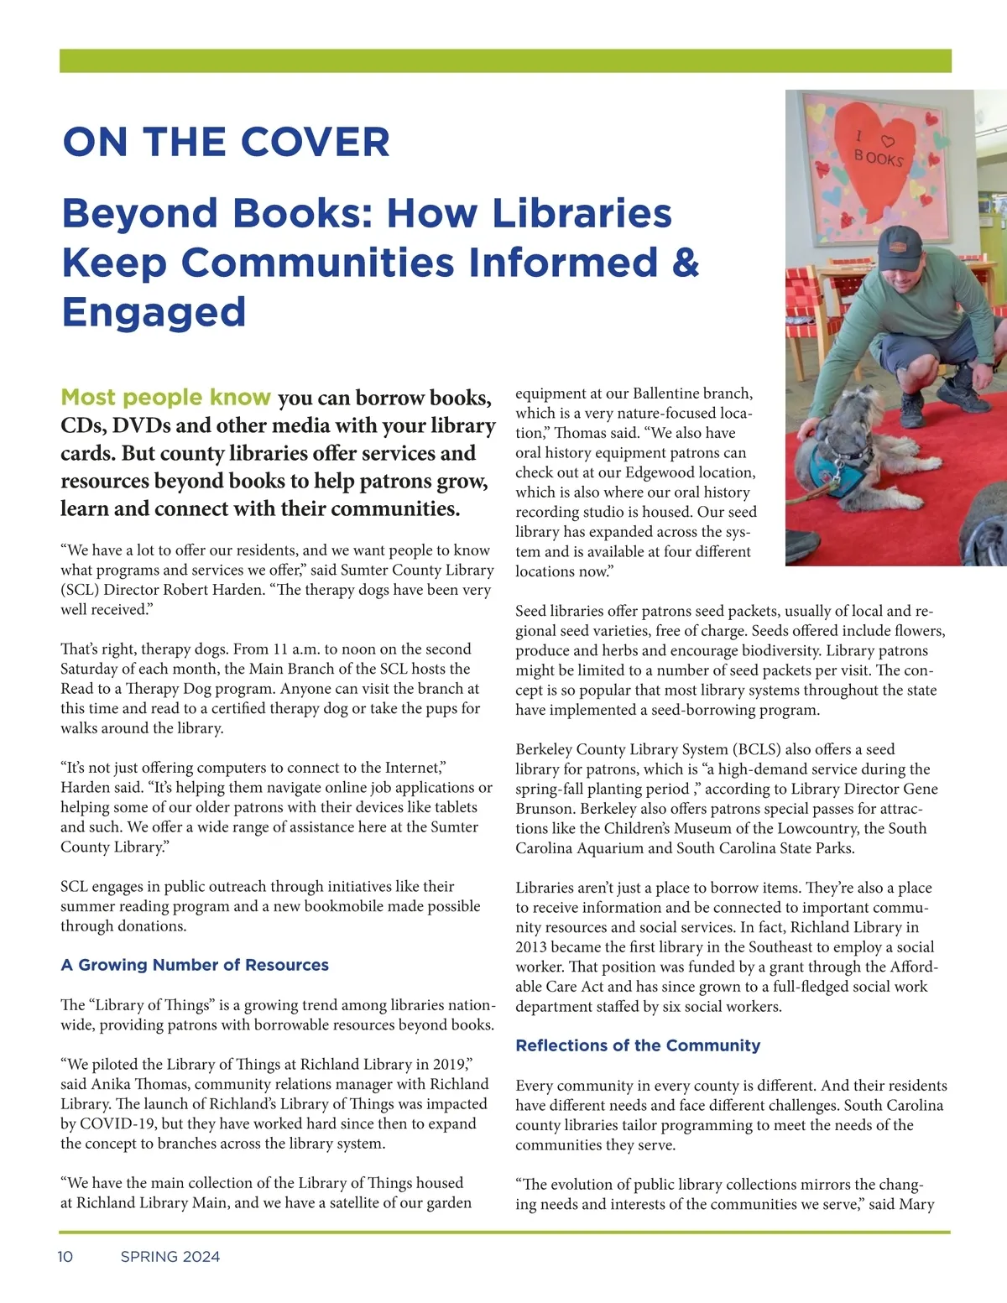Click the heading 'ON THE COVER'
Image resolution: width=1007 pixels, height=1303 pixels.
tap(226, 143)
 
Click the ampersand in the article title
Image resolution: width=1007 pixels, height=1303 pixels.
tap(686, 262)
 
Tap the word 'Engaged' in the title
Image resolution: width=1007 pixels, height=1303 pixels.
tap(154, 312)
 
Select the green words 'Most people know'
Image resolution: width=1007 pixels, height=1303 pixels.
tap(165, 397)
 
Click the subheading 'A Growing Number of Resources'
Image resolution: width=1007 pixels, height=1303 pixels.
tap(195, 965)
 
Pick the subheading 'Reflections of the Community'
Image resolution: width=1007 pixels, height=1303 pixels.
tap(638, 1045)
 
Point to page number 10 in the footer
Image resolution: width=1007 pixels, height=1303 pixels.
tap(65, 1256)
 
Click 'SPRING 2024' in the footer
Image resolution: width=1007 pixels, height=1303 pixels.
tap(170, 1256)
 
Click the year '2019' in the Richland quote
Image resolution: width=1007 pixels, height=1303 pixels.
tap(450, 1065)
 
